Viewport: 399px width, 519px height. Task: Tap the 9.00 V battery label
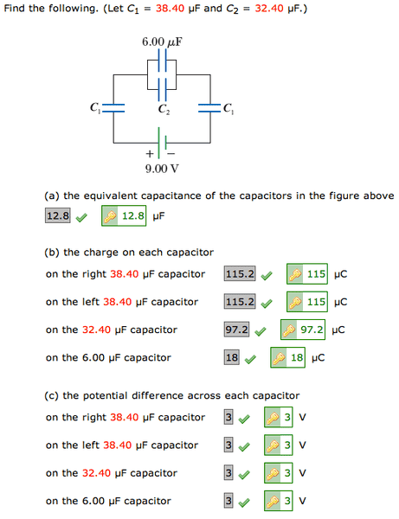pyautogui.click(x=162, y=168)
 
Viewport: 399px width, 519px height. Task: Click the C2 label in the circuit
pyautogui.click(x=164, y=109)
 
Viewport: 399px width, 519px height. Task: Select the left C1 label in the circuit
pyautogui.click(x=94, y=108)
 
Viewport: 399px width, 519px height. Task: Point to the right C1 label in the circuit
pyautogui.click(x=228, y=108)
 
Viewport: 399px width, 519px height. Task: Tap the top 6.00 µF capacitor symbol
pyautogui.click(x=162, y=61)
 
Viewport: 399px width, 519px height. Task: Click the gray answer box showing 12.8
pyautogui.click(x=58, y=215)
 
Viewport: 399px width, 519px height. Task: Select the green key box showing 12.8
pyautogui.click(x=124, y=215)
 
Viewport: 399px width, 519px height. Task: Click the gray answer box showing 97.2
pyautogui.click(x=237, y=330)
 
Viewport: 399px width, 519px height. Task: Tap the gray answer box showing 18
pyautogui.click(x=232, y=357)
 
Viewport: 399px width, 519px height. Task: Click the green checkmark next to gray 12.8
pyautogui.click(x=81, y=216)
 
